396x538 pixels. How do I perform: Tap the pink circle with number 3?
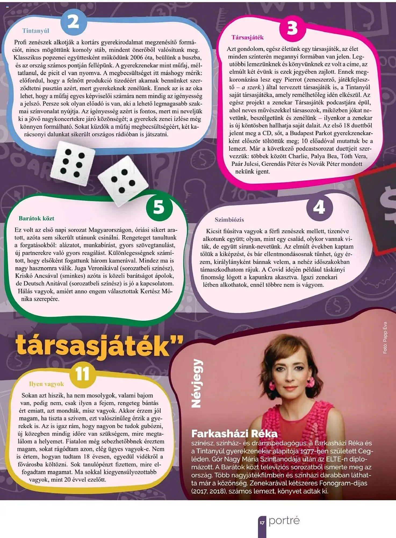click(x=292, y=29)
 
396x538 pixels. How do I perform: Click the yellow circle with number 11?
click(x=82, y=374)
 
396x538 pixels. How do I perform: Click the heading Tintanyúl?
click(x=36, y=31)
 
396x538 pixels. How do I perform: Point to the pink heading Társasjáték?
click(x=247, y=37)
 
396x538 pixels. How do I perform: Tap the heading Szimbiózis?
click(x=229, y=220)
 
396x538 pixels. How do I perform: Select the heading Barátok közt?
click(x=37, y=218)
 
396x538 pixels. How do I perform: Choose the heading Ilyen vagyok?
click(x=46, y=384)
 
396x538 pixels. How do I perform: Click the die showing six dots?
click(x=73, y=163)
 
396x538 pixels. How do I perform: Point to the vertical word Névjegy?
click(x=197, y=383)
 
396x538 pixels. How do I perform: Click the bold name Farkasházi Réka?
click(x=234, y=434)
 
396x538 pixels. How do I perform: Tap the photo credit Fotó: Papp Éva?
click(x=385, y=338)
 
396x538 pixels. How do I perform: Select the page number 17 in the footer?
click(x=262, y=523)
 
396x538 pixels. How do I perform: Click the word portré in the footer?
click(x=284, y=521)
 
